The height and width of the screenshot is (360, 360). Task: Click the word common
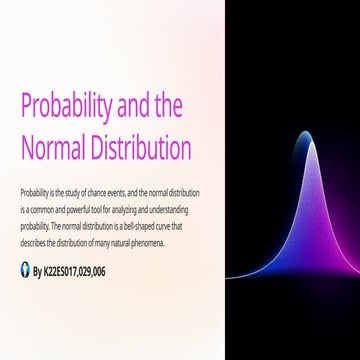[x=42, y=202]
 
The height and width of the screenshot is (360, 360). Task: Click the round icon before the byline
[x=24, y=269]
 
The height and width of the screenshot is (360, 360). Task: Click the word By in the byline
[x=38, y=270]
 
